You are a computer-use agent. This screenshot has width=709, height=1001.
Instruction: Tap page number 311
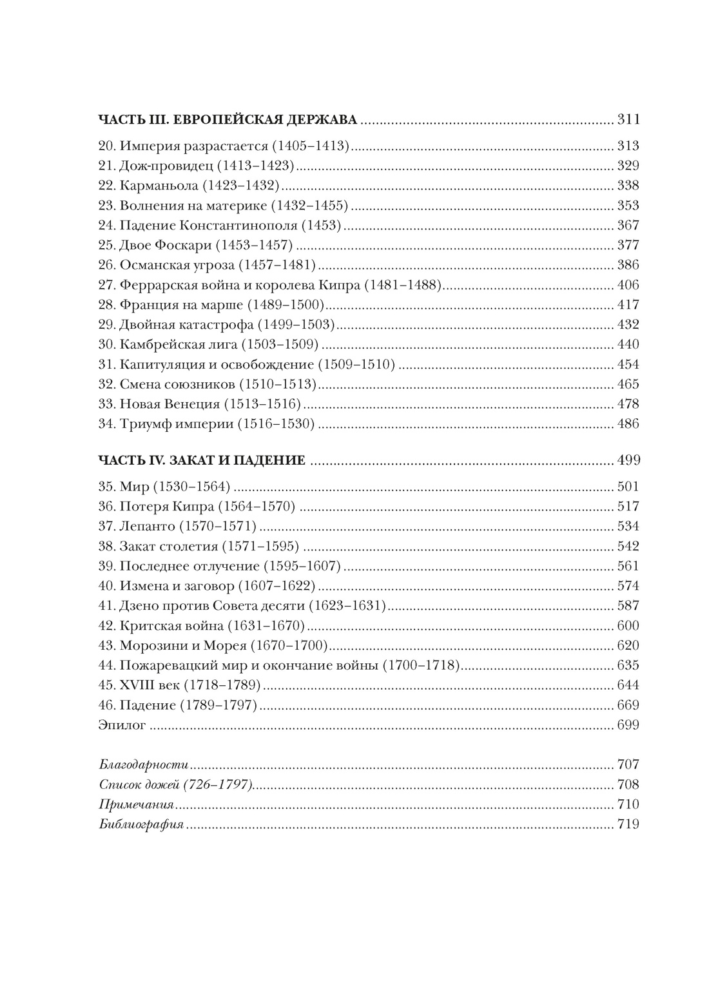(x=628, y=120)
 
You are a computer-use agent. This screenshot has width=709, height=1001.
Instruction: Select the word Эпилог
(x=122, y=725)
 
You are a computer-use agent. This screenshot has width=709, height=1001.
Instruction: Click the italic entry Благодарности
(x=144, y=765)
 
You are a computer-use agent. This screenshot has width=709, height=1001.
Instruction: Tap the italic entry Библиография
(x=142, y=824)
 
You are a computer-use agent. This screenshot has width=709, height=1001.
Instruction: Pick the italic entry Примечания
(x=137, y=804)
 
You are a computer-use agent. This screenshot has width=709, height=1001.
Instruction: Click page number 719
(x=628, y=824)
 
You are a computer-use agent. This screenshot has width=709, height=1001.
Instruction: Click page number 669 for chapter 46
(x=628, y=705)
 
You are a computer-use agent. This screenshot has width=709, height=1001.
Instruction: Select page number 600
(x=628, y=626)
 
